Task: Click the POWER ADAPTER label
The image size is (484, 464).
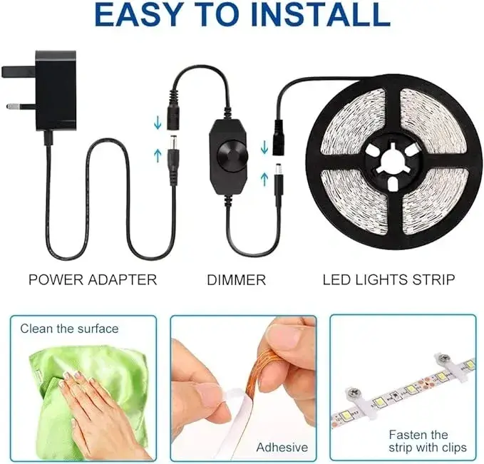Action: click(93, 279)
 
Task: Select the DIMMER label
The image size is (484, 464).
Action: click(236, 279)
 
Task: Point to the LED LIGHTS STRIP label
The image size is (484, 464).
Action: click(388, 279)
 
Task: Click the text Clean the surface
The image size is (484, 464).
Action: click(69, 329)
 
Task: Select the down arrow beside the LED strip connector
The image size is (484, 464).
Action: click(264, 147)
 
